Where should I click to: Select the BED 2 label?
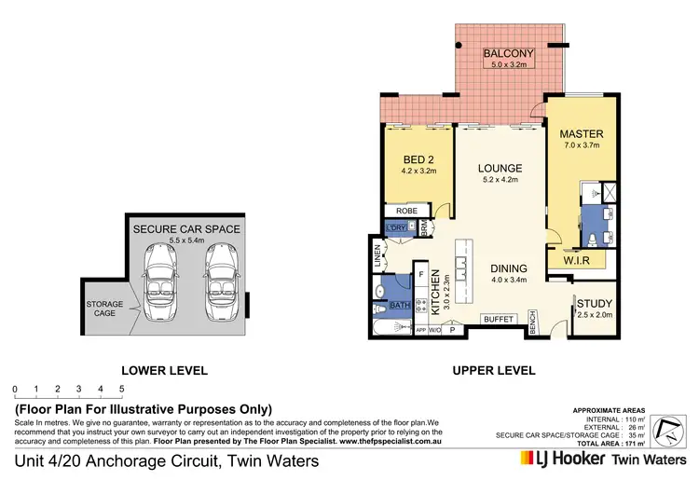point(417,159)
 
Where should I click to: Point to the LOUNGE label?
point(500,169)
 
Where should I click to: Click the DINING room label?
point(508,266)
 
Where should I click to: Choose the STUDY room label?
point(594,304)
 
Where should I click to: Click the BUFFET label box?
point(498,320)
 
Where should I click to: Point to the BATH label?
point(399,305)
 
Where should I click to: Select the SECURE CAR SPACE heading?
point(186,228)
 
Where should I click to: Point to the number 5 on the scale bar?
point(121,389)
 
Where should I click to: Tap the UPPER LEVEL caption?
point(493,370)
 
